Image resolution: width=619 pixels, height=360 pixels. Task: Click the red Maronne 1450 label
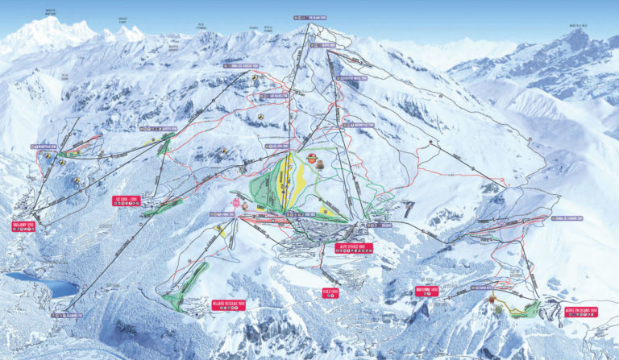[x=427, y=292]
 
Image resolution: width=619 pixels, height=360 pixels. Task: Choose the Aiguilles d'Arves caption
[x=123, y=20]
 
